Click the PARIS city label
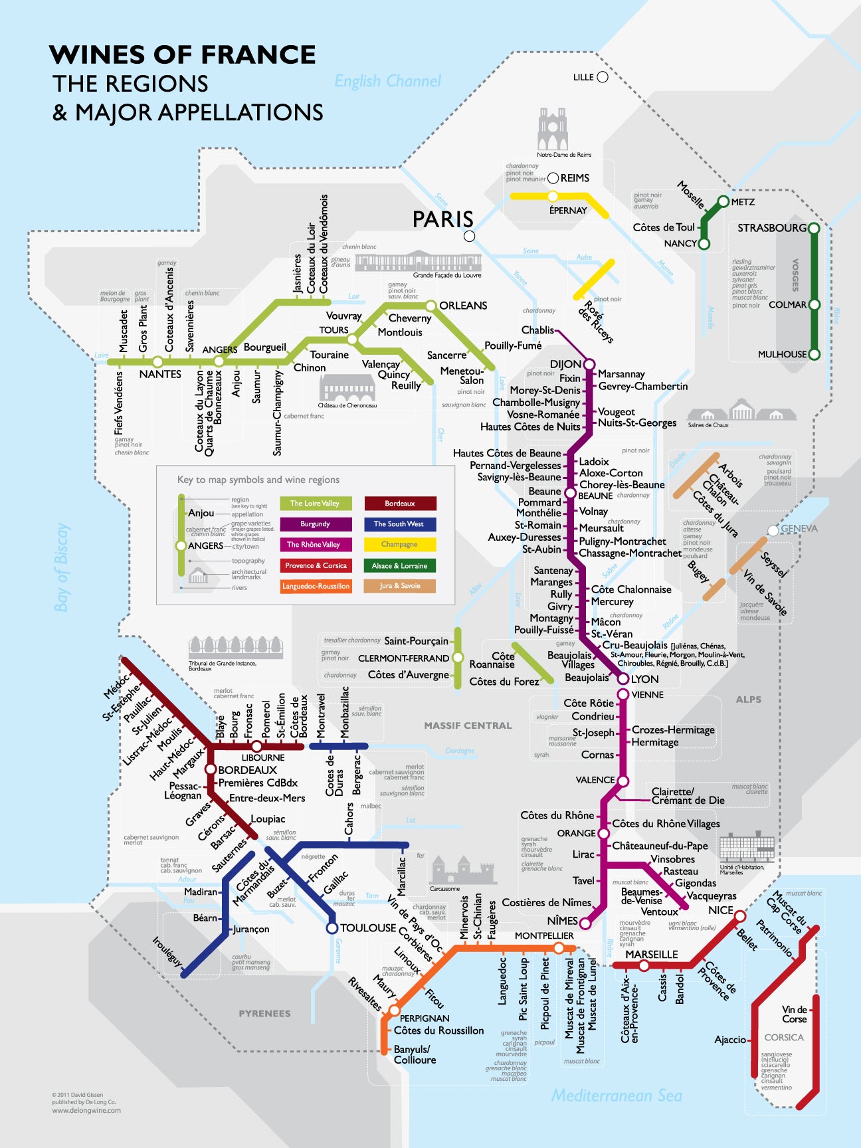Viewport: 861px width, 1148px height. [x=442, y=219]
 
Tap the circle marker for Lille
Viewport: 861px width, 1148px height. [x=603, y=77]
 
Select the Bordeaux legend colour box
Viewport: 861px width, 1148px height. [x=400, y=504]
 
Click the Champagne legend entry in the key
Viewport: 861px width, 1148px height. [x=400, y=545]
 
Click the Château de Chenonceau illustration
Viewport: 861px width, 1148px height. [x=347, y=388]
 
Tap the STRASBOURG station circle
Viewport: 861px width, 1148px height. [x=813, y=228]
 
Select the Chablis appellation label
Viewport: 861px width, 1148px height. [x=537, y=330]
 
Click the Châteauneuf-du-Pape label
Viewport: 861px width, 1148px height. [x=660, y=846]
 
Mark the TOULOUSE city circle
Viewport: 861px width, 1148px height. [x=332, y=928]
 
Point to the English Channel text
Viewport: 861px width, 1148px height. [x=387, y=82]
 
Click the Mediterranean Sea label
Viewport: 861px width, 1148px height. [x=617, y=1096]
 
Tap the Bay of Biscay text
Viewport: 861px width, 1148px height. [x=62, y=567]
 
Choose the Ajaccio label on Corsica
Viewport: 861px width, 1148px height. [x=730, y=1040]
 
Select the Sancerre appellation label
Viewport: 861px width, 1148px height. [x=446, y=355]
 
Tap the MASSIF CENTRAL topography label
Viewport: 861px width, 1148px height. [x=468, y=725]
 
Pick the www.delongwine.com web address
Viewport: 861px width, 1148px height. [x=86, y=1110]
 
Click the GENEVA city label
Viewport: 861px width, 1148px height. [x=799, y=529]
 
